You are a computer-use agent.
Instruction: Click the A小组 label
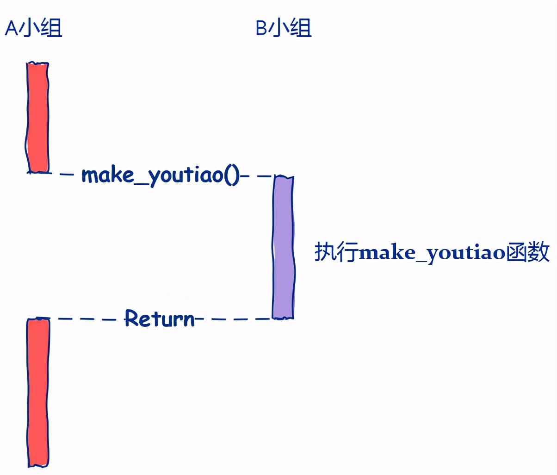pos(33,28)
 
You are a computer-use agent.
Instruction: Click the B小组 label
pos(284,28)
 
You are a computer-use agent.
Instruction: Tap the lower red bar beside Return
pos(38,392)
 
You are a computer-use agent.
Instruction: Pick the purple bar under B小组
pos(283,247)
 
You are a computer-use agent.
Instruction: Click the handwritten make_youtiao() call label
pos(161,175)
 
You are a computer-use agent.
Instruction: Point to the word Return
pos(160,319)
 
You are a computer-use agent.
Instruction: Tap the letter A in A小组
pos(11,29)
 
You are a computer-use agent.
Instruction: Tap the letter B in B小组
pos(261,29)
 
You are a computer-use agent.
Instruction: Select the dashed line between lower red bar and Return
pos(87,319)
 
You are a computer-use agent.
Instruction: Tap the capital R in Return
pos(132,319)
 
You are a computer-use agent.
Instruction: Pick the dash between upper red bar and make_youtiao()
pos(67,175)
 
